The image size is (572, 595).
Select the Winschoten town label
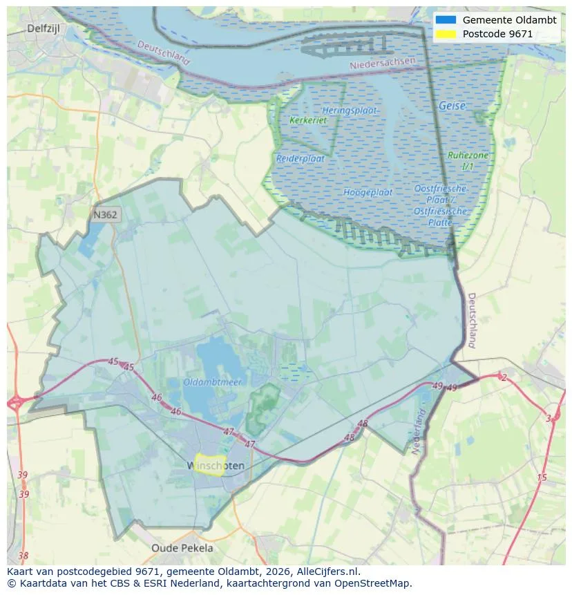(216, 466)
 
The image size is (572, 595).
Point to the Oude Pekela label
(182, 548)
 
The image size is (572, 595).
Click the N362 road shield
(105, 215)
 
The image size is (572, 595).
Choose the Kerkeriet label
(308, 120)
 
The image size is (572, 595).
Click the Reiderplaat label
(301, 158)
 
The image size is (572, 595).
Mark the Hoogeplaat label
(368, 192)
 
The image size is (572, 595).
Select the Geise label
(452, 106)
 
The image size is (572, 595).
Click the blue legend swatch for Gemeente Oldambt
(446, 20)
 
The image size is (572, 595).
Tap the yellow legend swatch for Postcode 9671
(446, 34)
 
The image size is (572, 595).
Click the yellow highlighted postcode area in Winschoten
(208, 464)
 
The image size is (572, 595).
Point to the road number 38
(23, 556)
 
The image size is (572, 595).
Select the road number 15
(542, 478)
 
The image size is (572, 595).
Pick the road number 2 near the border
(504, 377)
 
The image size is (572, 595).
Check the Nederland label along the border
(418, 432)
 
